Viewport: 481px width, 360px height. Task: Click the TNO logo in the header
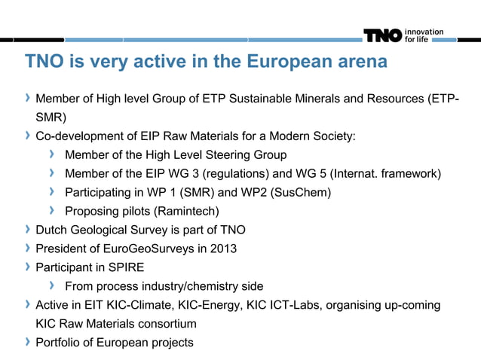coord(383,35)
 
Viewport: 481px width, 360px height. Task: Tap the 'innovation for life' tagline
coord(424,35)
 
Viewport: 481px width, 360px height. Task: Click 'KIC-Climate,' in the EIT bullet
coord(139,305)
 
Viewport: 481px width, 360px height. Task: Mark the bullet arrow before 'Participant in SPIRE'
coord(28,267)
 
